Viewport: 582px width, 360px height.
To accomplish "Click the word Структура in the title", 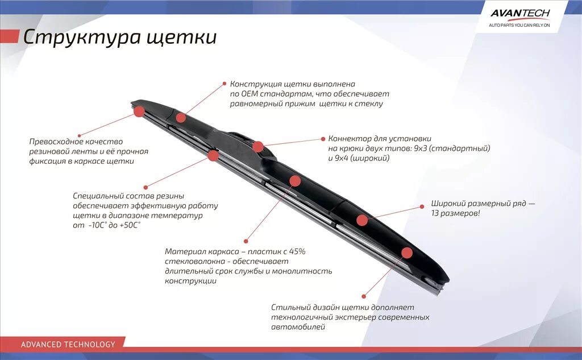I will [x=74, y=38].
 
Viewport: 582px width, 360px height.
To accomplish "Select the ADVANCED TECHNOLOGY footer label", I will [x=68, y=344].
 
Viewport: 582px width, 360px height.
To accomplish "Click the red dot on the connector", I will [x=258, y=147].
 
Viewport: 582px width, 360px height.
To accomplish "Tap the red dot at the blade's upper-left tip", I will [x=139, y=111].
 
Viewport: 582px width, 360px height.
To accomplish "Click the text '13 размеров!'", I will [x=455, y=213].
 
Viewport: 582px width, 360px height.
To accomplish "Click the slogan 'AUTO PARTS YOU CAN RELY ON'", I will [x=519, y=26].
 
